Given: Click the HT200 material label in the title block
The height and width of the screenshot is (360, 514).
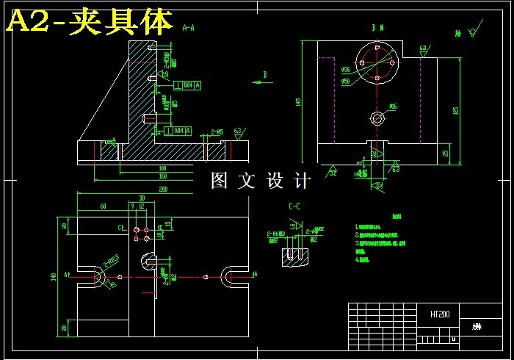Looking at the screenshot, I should pos(441,314).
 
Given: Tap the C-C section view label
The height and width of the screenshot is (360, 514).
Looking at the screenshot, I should pos(296,206).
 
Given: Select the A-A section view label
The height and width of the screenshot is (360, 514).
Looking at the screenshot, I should pos(188,28).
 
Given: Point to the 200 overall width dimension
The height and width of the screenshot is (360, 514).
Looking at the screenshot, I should pos(162,190).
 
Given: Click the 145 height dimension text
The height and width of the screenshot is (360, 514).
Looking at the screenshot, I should pos(298,102).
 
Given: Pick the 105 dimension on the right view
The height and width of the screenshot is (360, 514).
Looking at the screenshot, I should pos(455,110).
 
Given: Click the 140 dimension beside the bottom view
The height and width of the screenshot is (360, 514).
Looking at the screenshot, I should pos(54,276).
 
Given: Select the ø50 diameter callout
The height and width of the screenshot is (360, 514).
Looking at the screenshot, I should pos(345,81).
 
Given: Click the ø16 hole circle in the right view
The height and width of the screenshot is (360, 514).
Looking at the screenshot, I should pos(377,118).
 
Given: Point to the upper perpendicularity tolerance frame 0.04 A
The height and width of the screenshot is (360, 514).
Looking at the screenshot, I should pos(184,85).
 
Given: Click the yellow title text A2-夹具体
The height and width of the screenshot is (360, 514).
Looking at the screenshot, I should pos(90,22).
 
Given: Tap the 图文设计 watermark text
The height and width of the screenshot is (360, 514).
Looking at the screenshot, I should pos(261,180).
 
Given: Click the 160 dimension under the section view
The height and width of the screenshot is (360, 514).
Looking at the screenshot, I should pos(162,176).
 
